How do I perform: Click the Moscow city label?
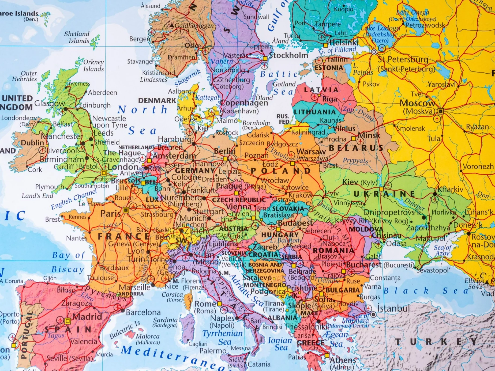pyautogui.click(x=417, y=103)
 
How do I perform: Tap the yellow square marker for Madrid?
pyautogui.click(x=68, y=321)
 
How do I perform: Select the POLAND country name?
pyautogui.click(x=281, y=171)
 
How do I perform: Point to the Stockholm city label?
pyautogui.click(x=288, y=55)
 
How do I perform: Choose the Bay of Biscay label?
pyautogui.click(x=68, y=262)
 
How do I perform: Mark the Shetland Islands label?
pyautogui.click(x=77, y=37)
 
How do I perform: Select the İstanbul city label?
pyautogui.click(x=393, y=309)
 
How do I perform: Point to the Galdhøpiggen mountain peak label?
pyautogui.click(x=194, y=26)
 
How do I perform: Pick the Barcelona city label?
pyautogui.click(x=143, y=312)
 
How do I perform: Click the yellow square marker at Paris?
pyautogui.click(x=126, y=210)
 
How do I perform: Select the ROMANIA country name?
pyautogui.click(x=333, y=251)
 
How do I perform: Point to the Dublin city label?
pyautogui.click(x=32, y=142)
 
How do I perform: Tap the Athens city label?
pyautogui.click(x=343, y=360)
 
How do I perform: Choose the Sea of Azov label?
pyautogui.click(x=442, y=250)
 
